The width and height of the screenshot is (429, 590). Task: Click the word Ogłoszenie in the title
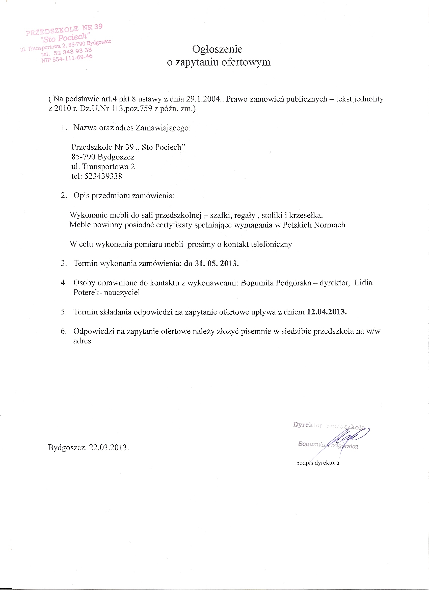pyautogui.click(x=217, y=49)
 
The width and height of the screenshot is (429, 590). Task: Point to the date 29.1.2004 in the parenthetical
pyautogui.click(x=202, y=99)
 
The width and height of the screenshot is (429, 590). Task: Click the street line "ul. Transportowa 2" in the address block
pyautogui.click(x=103, y=167)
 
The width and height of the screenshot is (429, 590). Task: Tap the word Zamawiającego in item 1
pyautogui.click(x=163, y=128)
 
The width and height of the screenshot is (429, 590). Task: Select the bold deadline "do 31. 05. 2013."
pyautogui.click(x=211, y=263)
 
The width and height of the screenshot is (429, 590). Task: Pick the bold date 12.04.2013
pyautogui.click(x=327, y=312)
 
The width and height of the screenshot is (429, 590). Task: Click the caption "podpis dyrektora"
pyautogui.click(x=317, y=463)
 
